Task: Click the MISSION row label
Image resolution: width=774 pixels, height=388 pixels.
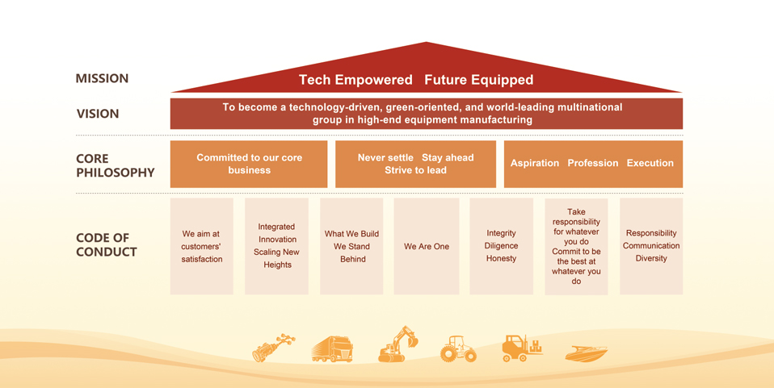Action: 102,78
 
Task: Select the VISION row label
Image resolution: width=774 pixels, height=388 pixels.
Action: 98,114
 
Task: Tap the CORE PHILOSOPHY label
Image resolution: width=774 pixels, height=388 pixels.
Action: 115,165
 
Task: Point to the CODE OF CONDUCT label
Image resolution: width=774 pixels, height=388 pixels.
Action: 106,245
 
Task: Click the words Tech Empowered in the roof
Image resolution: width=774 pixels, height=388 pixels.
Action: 355,80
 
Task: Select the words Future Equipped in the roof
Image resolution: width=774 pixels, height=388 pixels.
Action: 479,80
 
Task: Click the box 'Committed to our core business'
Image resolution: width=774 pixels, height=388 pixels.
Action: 249,165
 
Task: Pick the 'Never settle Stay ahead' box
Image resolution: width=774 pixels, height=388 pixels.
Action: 415,165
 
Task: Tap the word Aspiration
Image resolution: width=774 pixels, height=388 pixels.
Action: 535,163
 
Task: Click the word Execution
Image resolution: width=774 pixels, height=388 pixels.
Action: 650,163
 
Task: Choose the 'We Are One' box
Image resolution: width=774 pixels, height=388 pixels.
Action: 427,247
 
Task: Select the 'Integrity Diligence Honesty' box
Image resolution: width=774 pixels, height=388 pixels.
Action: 501,247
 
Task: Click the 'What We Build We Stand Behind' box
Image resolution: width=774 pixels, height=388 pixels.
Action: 351,247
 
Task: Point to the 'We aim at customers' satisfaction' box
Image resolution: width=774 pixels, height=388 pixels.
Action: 201,247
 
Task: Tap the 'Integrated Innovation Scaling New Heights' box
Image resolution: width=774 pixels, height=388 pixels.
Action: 276,247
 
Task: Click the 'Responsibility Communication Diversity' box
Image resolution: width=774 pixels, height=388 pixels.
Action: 651,247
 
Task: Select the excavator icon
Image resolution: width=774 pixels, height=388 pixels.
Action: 398,344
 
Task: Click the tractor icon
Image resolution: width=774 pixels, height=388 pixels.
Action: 459,349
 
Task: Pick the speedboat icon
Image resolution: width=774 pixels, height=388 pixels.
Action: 587,353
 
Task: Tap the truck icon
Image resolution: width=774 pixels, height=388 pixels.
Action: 332,349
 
